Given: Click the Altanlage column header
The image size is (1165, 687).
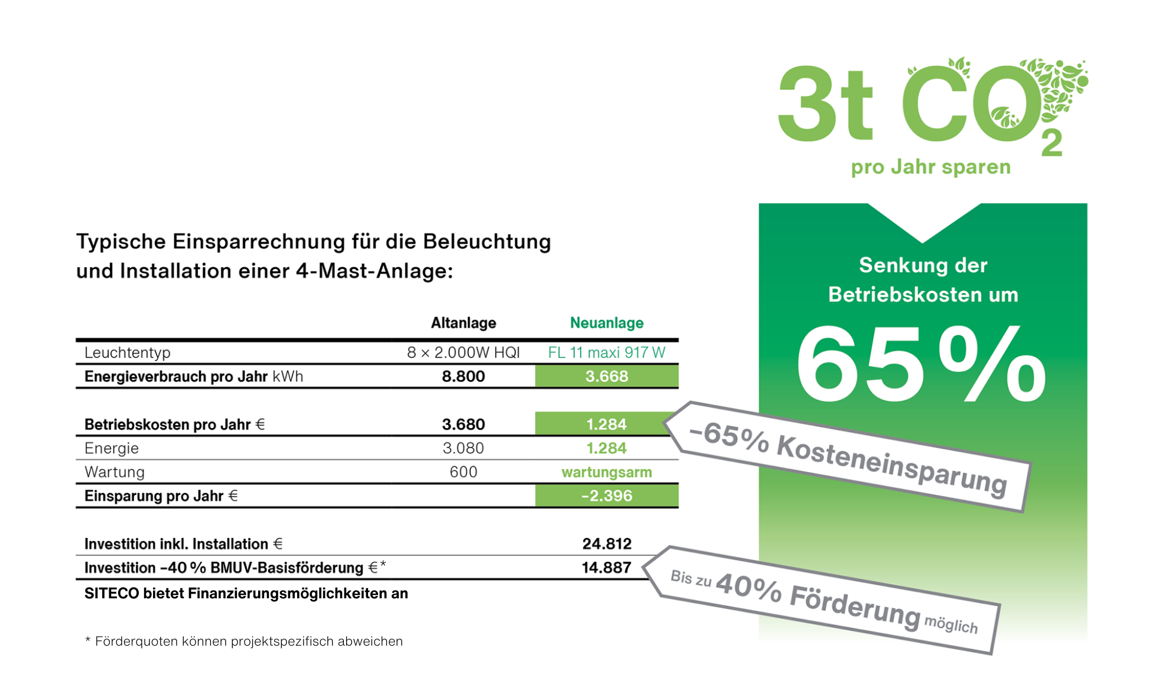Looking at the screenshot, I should (x=463, y=323).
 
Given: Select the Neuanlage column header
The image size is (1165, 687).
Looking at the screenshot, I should (x=606, y=323).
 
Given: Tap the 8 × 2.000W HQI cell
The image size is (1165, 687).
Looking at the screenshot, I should (x=463, y=353).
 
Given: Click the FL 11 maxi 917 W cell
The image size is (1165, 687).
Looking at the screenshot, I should (x=606, y=353).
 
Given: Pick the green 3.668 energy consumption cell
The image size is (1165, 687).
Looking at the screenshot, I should (x=606, y=377).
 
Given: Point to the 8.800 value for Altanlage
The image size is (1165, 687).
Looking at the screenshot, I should (x=463, y=377).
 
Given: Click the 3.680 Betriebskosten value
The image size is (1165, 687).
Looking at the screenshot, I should (x=463, y=424).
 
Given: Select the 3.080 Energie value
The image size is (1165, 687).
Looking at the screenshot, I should (x=463, y=448).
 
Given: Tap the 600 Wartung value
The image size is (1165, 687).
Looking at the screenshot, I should (x=463, y=472).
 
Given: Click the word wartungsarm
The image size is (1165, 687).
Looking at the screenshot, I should (x=606, y=472).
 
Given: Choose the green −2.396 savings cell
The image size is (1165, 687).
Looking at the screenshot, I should (x=606, y=496).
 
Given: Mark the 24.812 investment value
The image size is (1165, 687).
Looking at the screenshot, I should (x=606, y=544).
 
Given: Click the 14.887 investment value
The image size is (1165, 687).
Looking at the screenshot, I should (x=606, y=568).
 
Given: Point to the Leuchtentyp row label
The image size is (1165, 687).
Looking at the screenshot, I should (x=127, y=353).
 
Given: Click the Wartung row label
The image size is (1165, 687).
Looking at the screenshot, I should (x=115, y=472).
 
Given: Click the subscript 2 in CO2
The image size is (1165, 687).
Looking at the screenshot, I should (x=1052, y=144).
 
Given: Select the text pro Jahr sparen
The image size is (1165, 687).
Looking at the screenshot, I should (x=930, y=167).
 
